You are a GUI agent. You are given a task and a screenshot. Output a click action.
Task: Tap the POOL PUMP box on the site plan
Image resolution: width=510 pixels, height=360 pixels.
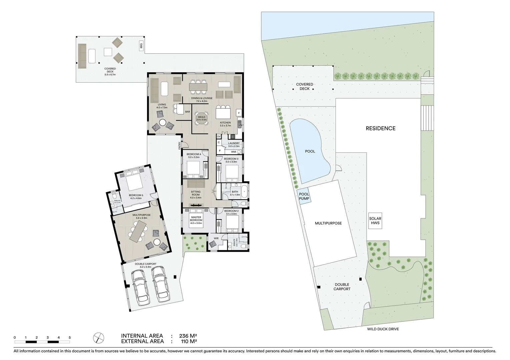[x=304, y=196]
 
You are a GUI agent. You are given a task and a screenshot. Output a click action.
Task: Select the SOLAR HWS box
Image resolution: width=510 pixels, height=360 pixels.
[x=375, y=221]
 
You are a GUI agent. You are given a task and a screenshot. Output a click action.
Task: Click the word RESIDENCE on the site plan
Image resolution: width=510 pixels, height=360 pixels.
[x=380, y=128]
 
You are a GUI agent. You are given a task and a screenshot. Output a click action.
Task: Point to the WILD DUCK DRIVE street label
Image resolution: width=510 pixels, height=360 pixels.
[x=383, y=329]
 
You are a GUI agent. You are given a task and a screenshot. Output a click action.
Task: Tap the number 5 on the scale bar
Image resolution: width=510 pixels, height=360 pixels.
[x=70, y=337]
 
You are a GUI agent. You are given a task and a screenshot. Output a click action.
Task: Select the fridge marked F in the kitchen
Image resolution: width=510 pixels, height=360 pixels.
[x=239, y=113]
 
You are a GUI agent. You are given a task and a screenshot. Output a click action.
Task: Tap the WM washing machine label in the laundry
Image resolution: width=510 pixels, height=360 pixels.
[x=233, y=152]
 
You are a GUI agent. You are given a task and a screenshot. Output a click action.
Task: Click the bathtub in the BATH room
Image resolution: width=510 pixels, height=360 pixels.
[x=245, y=192]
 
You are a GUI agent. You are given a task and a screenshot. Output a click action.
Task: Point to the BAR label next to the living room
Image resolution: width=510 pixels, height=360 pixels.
[x=187, y=112]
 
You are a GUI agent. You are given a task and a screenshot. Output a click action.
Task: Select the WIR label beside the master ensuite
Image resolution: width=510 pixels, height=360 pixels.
[x=216, y=238]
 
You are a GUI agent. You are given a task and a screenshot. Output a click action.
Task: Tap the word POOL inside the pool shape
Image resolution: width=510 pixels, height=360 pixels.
[x=310, y=151]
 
